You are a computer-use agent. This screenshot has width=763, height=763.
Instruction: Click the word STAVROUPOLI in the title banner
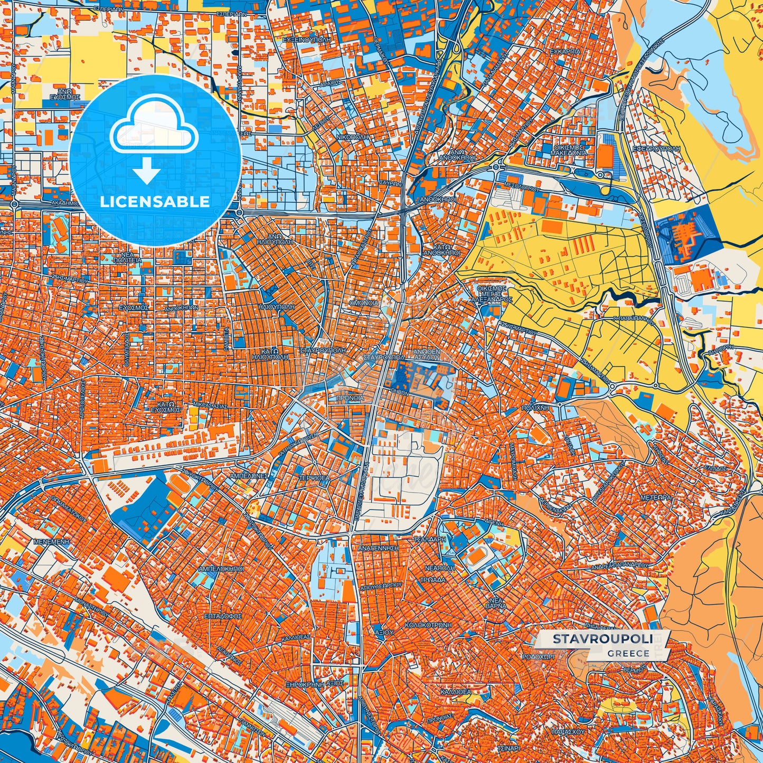pyautogui.click(x=601, y=639)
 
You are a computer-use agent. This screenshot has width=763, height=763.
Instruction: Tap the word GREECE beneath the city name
pyautogui.click(x=628, y=653)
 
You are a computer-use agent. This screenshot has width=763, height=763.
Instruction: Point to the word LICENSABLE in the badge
pyautogui.click(x=155, y=202)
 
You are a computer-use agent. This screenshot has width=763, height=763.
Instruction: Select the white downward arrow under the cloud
pyautogui.click(x=147, y=171)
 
